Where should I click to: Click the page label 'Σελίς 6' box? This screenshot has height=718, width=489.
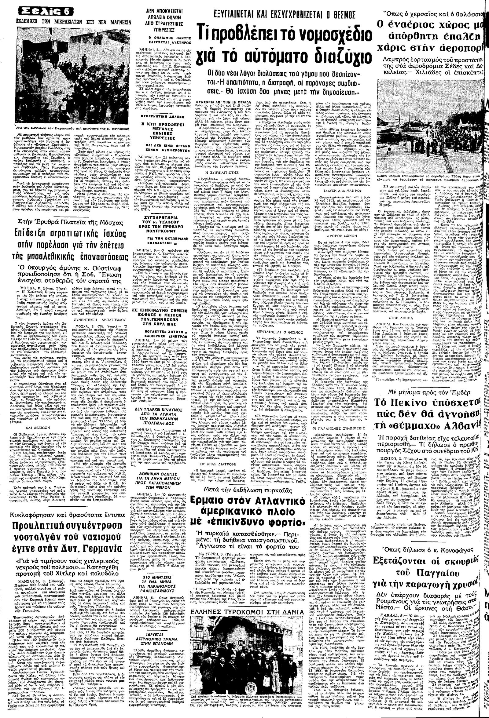(46, 12)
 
